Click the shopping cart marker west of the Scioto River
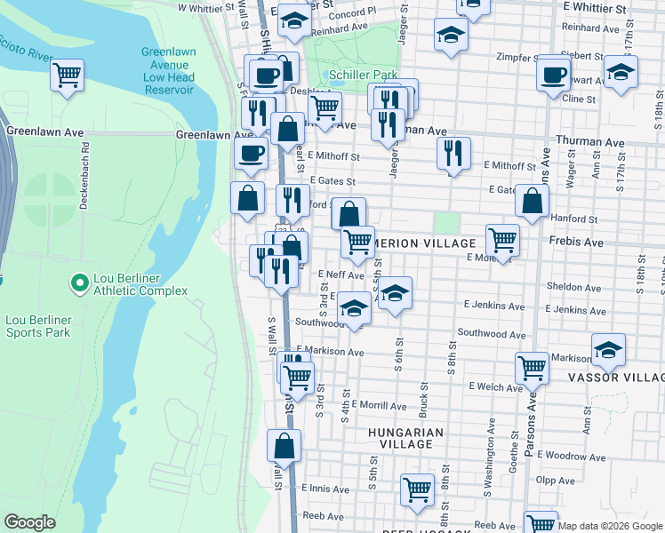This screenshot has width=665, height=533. [x=68, y=75]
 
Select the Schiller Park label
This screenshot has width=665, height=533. [x=363, y=75]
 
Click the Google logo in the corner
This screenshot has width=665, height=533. [x=29, y=521]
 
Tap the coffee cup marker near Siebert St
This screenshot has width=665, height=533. [x=554, y=73]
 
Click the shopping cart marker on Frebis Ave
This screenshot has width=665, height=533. [x=503, y=240]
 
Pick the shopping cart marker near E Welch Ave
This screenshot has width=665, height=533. [x=532, y=366]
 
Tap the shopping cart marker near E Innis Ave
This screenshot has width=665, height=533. [x=417, y=489]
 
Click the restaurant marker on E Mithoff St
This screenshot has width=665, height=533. [x=453, y=153]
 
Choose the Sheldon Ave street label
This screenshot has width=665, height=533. [x=574, y=287]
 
